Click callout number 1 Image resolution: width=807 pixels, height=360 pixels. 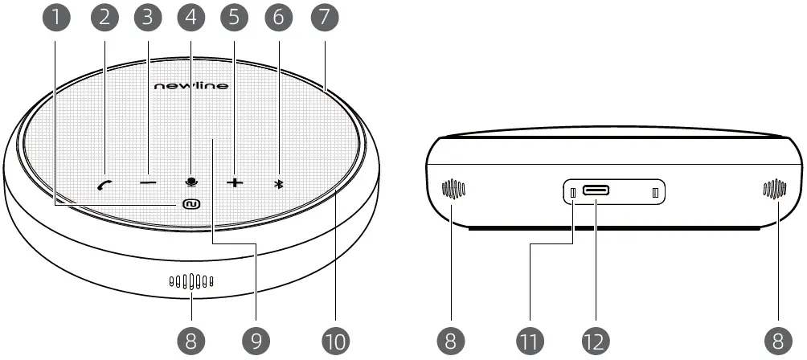coord(55,16)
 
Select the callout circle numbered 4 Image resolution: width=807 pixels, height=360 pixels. coord(190,16)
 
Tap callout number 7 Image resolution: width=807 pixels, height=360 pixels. coord(326,16)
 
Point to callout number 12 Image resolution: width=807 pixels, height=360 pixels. coord(595,340)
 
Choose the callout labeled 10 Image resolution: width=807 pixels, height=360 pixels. coord(335,340)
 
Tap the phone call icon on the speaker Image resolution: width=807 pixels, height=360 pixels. coord(104,184)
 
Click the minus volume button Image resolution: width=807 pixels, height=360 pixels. coord(148,183)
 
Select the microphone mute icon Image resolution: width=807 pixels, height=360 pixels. coord(191,182)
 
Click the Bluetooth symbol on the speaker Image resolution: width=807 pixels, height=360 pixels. coord(279,183)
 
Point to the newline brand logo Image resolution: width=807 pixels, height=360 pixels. coord(190,85)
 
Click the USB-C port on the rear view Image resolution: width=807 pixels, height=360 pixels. coord(596,191)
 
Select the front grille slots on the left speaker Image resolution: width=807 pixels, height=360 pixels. coord(190,282)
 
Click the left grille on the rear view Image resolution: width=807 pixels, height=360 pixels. coord(453,190)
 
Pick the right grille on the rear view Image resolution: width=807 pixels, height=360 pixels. coord(774,190)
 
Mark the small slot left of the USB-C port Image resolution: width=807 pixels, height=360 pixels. coord(573,193)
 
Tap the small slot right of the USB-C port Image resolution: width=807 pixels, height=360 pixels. coord(655,193)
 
